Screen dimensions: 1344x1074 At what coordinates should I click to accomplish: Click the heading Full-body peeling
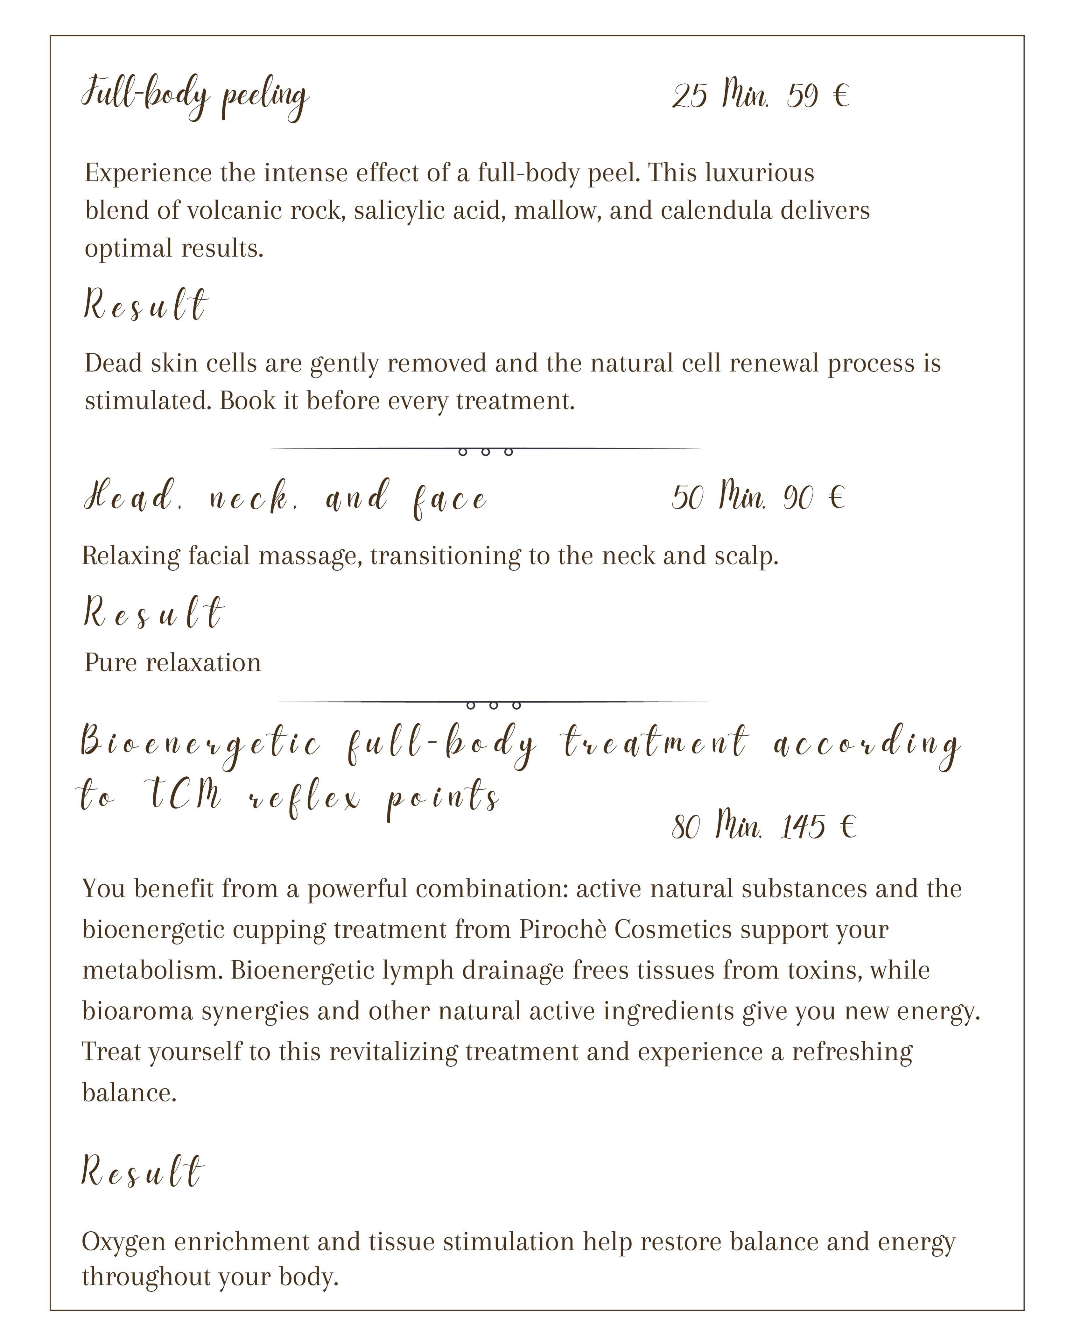195,97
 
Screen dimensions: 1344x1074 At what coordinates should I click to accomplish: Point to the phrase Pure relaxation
173,663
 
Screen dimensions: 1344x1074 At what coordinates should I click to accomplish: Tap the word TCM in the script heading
185,796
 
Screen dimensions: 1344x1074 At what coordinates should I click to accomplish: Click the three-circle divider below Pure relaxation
493,705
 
